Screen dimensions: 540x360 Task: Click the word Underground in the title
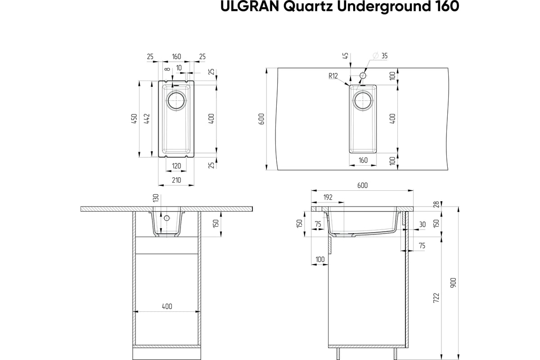[x=384, y=7]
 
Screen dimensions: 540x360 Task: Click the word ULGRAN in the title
[x=250, y=6]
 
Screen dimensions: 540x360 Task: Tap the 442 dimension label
[x=147, y=119]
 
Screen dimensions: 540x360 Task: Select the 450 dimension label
[x=134, y=119]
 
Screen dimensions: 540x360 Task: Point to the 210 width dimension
[x=176, y=180]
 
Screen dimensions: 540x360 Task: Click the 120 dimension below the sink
[x=176, y=166]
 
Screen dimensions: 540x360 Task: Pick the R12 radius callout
[x=333, y=76]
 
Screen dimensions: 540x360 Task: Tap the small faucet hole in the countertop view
[x=363, y=76]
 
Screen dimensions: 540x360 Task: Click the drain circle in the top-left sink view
[x=176, y=101]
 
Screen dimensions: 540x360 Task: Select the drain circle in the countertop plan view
[x=363, y=101]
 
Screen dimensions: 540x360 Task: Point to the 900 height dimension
[x=454, y=283]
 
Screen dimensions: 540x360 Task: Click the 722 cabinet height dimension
[x=436, y=298]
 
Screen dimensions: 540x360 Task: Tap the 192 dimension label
[x=328, y=198]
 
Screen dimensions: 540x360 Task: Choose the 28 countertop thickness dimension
[x=436, y=204]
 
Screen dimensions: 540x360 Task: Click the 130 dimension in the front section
[x=156, y=198]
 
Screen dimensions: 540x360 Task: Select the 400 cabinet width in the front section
[x=167, y=306]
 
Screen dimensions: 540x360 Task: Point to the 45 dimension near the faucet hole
[x=346, y=56]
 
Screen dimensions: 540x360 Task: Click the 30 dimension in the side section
[x=423, y=225]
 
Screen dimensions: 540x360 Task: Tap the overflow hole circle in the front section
[x=166, y=218]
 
